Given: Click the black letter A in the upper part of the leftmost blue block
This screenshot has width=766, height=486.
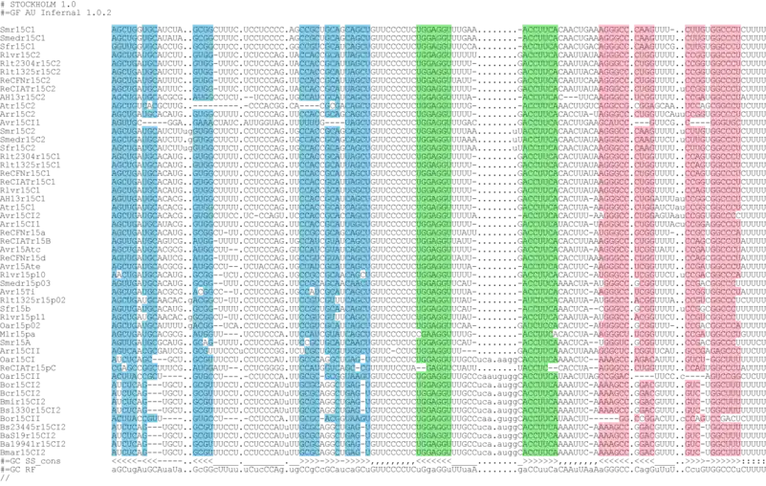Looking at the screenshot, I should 149,105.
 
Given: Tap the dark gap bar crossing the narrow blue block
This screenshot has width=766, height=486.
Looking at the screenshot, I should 202,104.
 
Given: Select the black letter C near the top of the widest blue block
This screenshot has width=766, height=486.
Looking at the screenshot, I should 332,105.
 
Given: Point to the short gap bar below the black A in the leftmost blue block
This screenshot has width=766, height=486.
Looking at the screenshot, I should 150,122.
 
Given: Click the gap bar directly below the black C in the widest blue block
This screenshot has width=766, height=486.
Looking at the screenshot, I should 332,122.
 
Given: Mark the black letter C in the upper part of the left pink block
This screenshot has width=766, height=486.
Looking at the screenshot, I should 637,105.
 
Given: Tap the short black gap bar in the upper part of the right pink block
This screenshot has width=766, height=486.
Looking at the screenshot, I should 699,122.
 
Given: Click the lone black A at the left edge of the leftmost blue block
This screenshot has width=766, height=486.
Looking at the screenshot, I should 119,275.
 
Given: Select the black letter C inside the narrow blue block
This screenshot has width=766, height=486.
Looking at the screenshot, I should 201,291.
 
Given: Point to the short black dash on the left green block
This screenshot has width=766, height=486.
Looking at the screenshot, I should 419,367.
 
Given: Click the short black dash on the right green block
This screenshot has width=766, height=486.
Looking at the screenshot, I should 553,367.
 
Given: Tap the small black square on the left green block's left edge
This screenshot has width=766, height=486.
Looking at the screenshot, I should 417,333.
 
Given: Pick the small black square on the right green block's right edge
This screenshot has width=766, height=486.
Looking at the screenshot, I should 556,333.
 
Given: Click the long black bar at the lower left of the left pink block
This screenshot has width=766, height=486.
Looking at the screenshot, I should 607,418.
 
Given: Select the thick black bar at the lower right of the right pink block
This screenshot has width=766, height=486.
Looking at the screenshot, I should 732,418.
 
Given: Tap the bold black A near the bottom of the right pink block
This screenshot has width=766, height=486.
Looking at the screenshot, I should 698,418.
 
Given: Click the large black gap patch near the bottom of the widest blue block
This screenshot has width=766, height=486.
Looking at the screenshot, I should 328,396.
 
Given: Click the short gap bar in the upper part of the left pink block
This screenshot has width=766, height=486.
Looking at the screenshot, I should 641,122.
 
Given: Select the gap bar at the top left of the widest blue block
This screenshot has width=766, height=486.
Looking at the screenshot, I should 308,104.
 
